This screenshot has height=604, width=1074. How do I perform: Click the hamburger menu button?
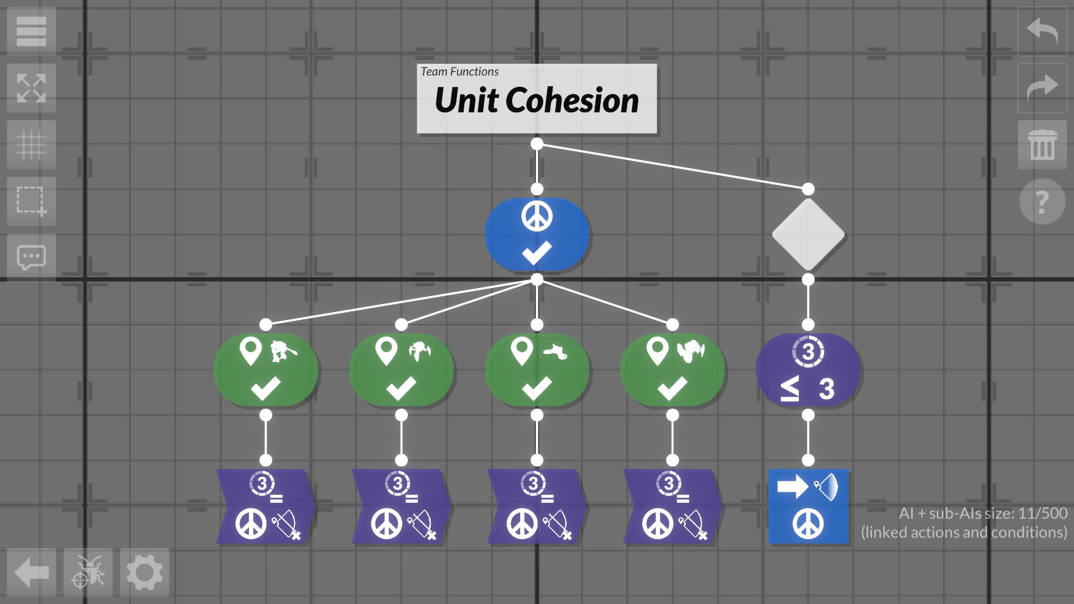point(31,31)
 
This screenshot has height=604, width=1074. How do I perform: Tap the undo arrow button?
point(1042,31)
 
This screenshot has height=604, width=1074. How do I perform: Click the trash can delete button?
point(1042,144)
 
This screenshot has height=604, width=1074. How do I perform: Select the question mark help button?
point(1042,201)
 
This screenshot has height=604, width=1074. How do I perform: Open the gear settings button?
point(144,573)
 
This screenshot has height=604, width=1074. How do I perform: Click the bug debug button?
point(88,573)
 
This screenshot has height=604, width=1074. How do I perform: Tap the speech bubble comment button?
point(31,258)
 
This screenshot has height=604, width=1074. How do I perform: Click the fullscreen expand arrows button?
point(31,88)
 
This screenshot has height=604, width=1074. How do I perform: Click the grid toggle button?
point(31,144)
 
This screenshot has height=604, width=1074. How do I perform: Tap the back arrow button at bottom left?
point(31,573)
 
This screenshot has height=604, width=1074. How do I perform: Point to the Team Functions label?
point(459,72)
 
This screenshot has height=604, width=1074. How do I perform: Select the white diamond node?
point(808,235)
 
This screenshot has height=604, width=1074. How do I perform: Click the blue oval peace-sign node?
point(536,235)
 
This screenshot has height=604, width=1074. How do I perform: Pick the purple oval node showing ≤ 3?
point(808,370)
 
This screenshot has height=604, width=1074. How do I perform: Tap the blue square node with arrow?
point(808,506)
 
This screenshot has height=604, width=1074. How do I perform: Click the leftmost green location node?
point(266,370)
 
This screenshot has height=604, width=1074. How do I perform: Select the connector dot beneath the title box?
point(536,144)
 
